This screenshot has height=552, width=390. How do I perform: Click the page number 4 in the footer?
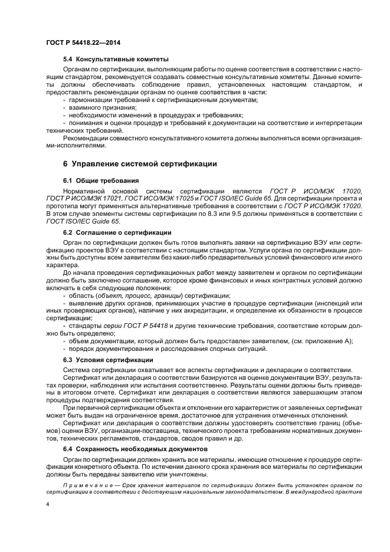pyautogui.click(x=48, y=505)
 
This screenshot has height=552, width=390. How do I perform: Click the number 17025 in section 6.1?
pyautogui.click(x=181, y=201)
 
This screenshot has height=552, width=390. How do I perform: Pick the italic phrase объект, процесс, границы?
pyautogui.click(x=147, y=294)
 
